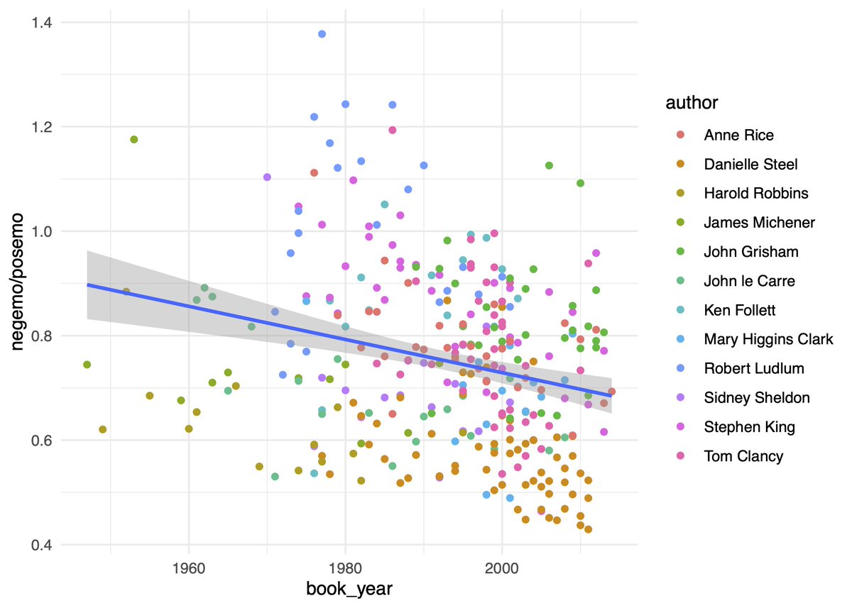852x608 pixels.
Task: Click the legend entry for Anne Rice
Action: pyautogui.click(x=738, y=135)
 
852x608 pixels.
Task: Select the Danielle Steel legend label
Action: pyautogui.click(x=750, y=164)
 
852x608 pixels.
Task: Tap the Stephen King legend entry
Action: pyautogui.click(x=749, y=427)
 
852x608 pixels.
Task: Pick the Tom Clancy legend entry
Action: pyautogui.click(x=743, y=456)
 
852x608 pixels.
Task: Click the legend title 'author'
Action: pyautogui.click(x=692, y=104)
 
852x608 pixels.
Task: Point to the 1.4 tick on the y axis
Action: pyautogui.click(x=41, y=23)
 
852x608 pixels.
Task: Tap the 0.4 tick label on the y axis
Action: pyautogui.click(x=41, y=545)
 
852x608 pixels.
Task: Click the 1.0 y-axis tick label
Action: pyautogui.click(x=41, y=231)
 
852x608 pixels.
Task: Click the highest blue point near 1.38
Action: pyautogui.click(x=322, y=34)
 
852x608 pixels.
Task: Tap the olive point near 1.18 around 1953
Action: pyautogui.click(x=133, y=140)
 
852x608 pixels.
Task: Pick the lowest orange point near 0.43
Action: pyautogui.click(x=588, y=529)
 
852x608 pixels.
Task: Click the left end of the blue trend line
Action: pyautogui.click(x=88, y=284)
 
